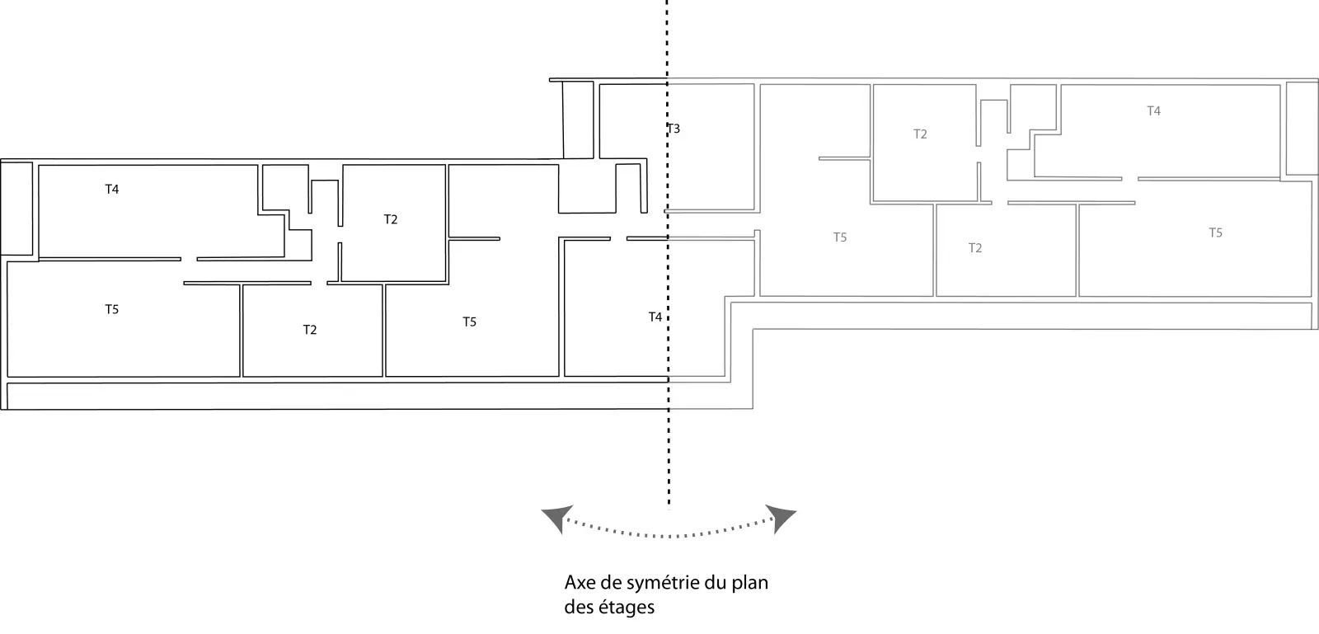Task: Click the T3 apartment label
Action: click(x=674, y=129)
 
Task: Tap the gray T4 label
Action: click(x=1153, y=110)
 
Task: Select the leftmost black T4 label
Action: click(x=111, y=189)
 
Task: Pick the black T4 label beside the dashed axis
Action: click(x=655, y=317)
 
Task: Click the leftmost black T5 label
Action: click(x=111, y=309)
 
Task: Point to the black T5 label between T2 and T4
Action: click(x=469, y=322)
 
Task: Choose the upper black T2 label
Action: click(x=391, y=219)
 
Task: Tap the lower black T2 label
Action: click(x=309, y=330)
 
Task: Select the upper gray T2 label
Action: click(x=920, y=134)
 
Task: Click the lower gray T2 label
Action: click(x=974, y=247)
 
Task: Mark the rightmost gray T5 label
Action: click(x=1215, y=232)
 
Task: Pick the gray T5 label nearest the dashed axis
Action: click(x=839, y=237)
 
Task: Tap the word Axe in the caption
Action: click(x=580, y=583)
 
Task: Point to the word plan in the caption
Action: click(x=751, y=583)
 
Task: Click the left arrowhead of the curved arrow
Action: click(x=555, y=517)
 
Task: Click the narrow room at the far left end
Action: click(x=16, y=208)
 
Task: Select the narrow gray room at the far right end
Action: click(x=1302, y=128)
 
